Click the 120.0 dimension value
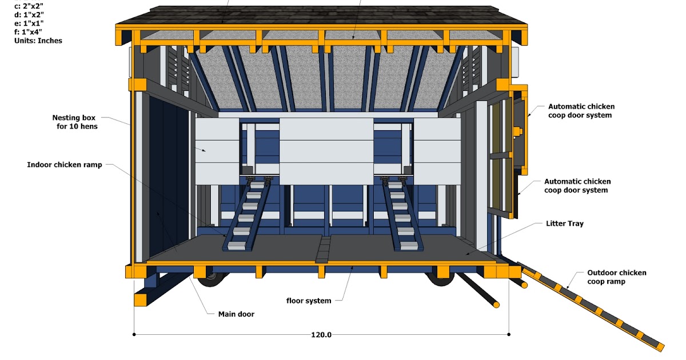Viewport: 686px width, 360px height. click(x=321, y=334)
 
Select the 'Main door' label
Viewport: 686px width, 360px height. click(x=236, y=314)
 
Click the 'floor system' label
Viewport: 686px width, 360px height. click(x=309, y=301)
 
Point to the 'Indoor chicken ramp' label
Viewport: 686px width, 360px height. click(x=65, y=165)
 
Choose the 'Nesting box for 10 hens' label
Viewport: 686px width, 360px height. click(x=75, y=122)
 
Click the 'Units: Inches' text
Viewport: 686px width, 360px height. click(x=39, y=41)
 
